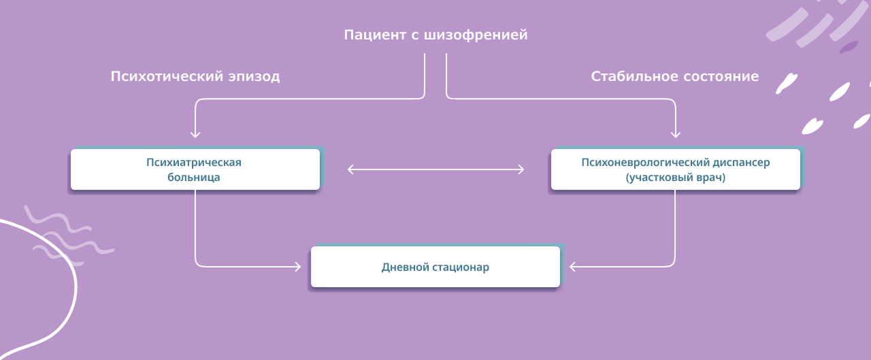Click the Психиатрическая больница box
195,169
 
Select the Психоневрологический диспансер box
675,169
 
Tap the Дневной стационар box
435,267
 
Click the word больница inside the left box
194,178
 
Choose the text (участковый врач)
675,178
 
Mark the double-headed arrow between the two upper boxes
435,169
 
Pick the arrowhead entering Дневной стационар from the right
573,267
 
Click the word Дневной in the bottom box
405,267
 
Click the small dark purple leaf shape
849,47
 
